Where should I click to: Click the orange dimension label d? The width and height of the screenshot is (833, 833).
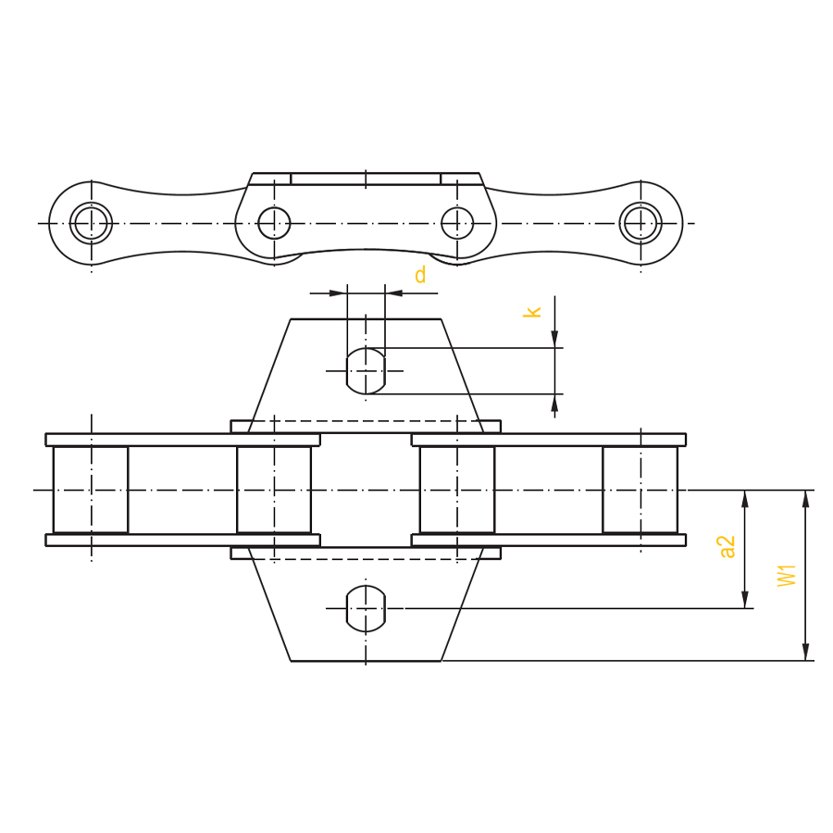click(x=420, y=275)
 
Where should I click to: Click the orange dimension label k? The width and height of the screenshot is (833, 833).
click(x=532, y=312)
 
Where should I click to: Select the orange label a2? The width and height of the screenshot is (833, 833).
click(x=727, y=547)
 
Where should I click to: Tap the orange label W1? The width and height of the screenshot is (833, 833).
click(x=787, y=576)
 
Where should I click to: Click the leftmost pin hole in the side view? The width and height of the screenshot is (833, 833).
click(x=92, y=223)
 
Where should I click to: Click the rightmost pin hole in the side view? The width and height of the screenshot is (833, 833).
click(x=640, y=223)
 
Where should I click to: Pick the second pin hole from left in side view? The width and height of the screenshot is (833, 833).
click(x=274, y=223)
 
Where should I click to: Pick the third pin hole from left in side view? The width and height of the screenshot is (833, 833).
click(x=457, y=223)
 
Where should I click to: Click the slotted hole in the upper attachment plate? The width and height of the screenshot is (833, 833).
click(x=366, y=371)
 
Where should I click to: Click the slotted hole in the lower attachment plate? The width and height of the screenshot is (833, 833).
click(x=366, y=608)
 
